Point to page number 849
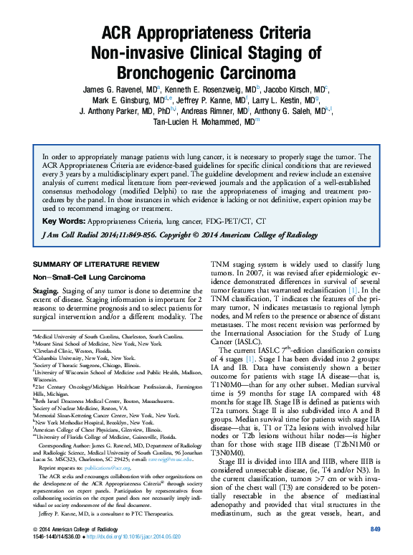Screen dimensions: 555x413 click(374, 528)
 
